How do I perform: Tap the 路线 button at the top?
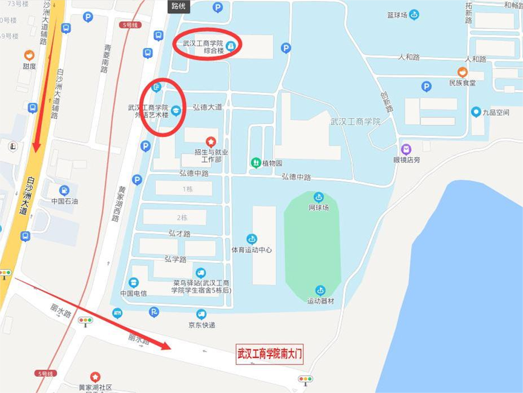pyautogui.click(x=179, y=7)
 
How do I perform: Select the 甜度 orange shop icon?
pyautogui.click(x=29, y=55)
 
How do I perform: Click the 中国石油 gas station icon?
pyautogui.click(x=64, y=190)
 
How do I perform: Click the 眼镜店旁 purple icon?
pyautogui.click(x=406, y=149)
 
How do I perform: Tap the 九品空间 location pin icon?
pyautogui.click(x=476, y=112)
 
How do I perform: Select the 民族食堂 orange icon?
pyautogui.click(x=462, y=72)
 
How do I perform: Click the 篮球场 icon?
pyautogui.click(x=414, y=15)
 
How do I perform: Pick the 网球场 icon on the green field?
pyautogui.click(x=318, y=197)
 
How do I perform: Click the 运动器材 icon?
pyautogui.click(x=320, y=291)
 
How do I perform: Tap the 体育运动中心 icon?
pyautogui.click(x=252, y=239)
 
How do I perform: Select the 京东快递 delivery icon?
pyautogui.click(x=202, y=314)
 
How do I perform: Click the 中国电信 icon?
pyautogui.click(x=134, y=283)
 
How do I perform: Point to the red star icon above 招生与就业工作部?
pyautogui.click(x=211, y=141)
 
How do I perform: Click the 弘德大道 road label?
pyautogui.click(x=207, y=107)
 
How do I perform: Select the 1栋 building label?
pyautogui.click(x=188, y=189)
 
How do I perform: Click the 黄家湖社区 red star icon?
pyautogui.click(x=95, y=377)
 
